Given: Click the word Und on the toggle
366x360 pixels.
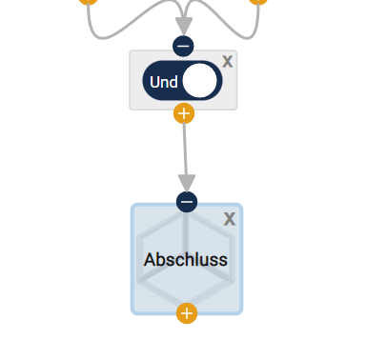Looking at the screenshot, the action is point(164,82).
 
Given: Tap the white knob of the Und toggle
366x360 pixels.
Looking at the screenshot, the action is point(199,82).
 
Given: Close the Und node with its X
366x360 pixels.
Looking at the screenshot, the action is point(227,61).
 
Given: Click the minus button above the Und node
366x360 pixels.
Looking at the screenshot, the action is point(184,46).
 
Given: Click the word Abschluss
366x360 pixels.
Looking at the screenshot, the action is point(186,259).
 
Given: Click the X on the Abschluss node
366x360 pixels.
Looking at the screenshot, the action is point(229,219).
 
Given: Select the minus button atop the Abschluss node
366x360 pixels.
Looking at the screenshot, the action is point(187,202).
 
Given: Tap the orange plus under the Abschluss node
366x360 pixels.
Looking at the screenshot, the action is point(187,312).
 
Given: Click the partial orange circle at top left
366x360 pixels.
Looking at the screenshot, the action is point(88,2).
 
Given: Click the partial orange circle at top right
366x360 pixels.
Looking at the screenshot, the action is point(257,2).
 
